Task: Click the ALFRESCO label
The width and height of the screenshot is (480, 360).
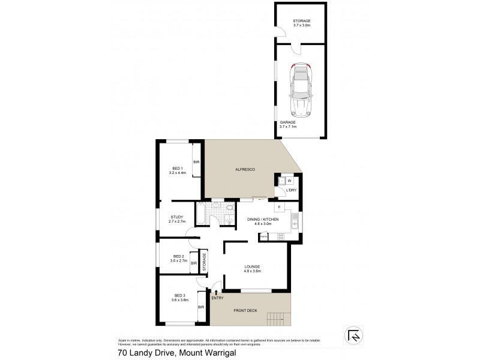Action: (x=245, y=170)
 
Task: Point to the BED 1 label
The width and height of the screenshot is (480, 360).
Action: (x=177, y=170)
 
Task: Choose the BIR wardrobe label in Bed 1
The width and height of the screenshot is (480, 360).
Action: (x=196, y=162)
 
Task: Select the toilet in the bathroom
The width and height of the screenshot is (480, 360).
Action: (x=230, y=209)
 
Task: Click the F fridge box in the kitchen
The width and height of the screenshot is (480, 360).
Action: (x=279, y=208)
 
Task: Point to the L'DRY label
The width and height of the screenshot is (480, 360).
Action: (x=291, y=190)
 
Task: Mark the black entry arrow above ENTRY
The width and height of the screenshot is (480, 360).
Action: (x=216, y=291)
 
